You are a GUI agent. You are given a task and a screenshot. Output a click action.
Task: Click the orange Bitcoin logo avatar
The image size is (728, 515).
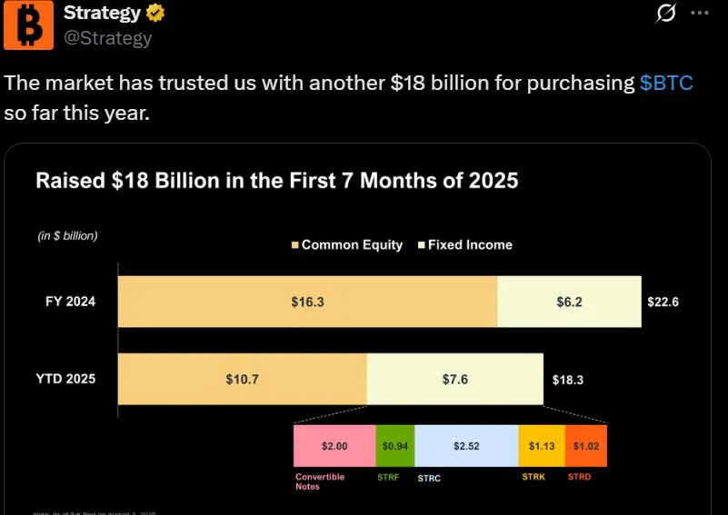[x=28, y=25]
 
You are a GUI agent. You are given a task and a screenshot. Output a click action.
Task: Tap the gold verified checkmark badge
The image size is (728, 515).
[x=156, y=14]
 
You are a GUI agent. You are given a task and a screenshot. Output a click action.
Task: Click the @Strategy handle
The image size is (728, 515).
[x=106, y=38]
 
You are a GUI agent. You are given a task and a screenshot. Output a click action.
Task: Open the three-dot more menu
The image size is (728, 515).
[x=699, y=13]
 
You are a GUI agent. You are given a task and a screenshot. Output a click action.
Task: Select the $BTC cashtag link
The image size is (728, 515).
[x=666, y=84]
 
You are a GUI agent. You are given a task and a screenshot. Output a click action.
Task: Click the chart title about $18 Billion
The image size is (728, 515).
[x=276, y=180]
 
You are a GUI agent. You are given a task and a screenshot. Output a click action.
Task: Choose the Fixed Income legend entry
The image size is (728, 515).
[x=464, y=244]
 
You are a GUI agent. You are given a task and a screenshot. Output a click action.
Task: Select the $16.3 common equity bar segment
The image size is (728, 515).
[x=307, y=302]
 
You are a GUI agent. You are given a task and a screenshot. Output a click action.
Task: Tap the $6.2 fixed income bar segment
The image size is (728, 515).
[x=569, y=302]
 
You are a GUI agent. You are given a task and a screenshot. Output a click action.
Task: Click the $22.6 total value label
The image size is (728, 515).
[x=663, y=302]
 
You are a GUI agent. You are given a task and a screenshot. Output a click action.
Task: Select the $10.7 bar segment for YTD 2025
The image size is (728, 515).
[x=242, y=379]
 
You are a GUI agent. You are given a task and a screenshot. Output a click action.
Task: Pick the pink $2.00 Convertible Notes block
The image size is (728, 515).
[x=334, y=446]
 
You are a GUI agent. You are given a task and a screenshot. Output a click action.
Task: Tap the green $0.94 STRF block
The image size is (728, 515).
[x=394, y=446]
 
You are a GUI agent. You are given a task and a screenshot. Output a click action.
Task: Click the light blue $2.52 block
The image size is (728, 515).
[x=466, y=446]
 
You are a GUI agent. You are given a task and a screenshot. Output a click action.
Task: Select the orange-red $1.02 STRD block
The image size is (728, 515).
[x=585, y=446]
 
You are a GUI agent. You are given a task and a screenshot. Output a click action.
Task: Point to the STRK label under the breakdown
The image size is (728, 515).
[x=534, y=476]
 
